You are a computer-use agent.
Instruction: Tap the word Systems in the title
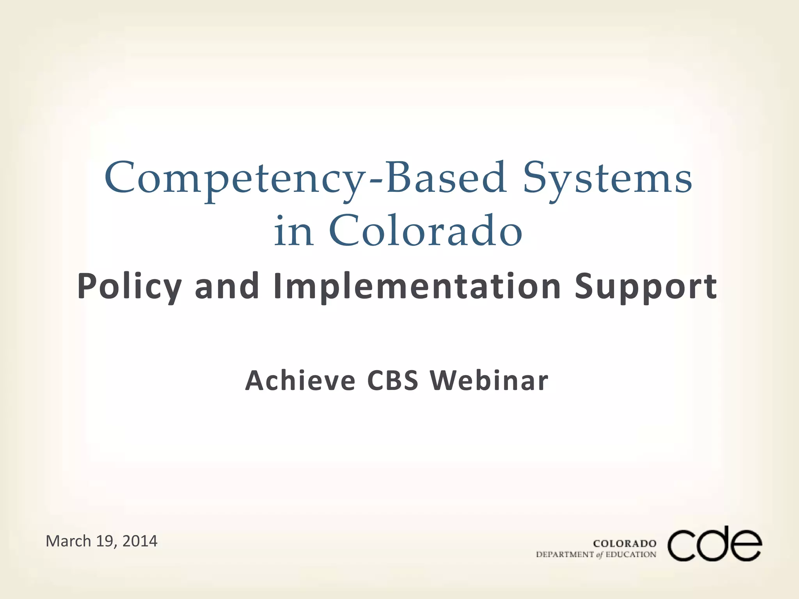(607, 179)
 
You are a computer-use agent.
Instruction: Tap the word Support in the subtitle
(646, 287)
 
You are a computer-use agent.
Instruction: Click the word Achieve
(300, 380)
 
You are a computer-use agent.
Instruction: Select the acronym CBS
(392, 380)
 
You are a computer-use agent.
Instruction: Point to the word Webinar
(489, 380)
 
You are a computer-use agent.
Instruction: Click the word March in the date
(68, 541)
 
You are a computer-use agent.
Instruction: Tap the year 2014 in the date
(140, 541)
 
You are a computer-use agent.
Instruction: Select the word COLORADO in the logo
(625, 544)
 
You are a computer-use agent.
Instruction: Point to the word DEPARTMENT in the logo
(565, 555)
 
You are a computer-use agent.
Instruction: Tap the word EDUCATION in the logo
(631, 555)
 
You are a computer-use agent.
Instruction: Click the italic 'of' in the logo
(600, 555)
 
